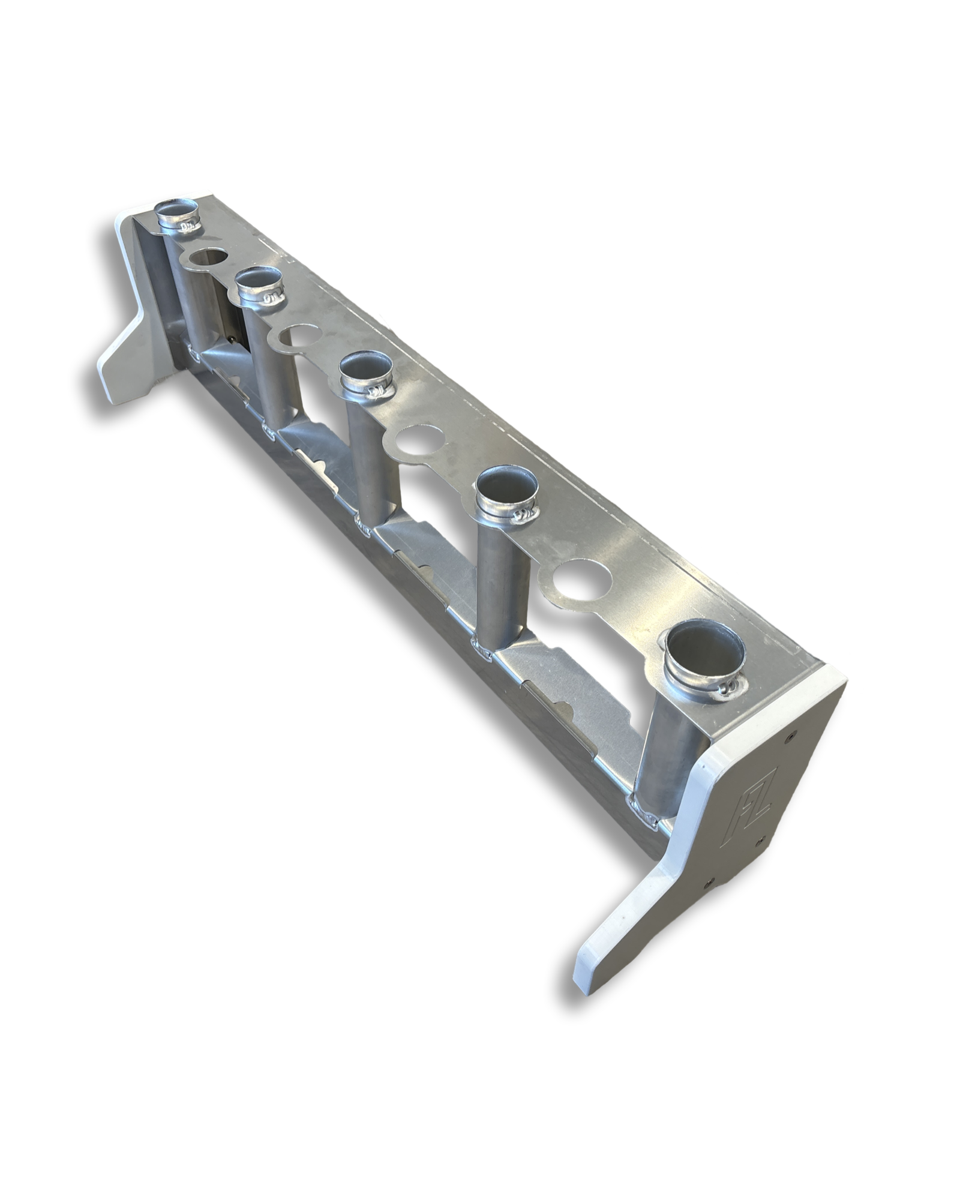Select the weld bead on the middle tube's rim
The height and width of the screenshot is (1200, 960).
[377, 392]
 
